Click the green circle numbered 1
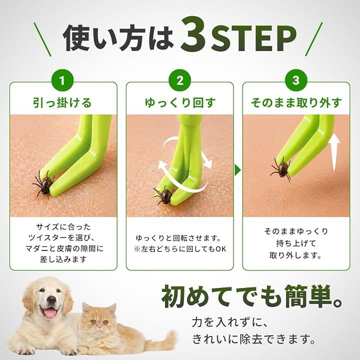tap(62, 80)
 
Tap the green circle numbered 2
tap(180, 80)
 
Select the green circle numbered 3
tap(296, 80)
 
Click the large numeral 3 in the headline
tap(193, 34)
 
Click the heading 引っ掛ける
tap(62, 102)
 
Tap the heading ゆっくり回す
tap(180, 102)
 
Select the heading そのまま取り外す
tap(296, 102)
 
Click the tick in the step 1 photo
tap(44, 183)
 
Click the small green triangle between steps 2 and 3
tap(237, 170)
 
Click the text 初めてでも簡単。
tap(252, 296)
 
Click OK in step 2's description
tap(221, 249)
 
